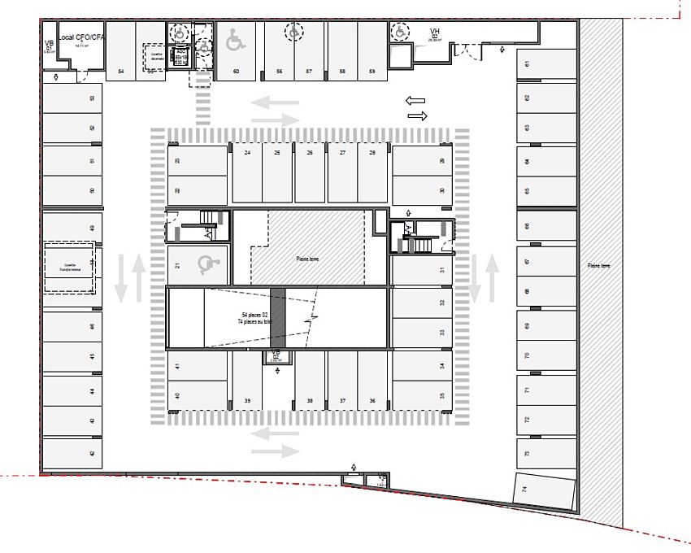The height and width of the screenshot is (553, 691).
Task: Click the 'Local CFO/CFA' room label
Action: pyautogui.click(x=82, y=37)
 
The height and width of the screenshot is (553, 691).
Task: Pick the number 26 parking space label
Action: pyautogui.click(x=309, y=153)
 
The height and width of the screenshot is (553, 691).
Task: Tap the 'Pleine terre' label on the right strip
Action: pyautogui.click(x=599, y=266)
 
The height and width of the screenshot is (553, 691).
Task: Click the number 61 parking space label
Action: pyautogui.click(x=528, y=63)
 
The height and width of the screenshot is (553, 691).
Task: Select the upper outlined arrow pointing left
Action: pyautogui.click(x=415, y=100)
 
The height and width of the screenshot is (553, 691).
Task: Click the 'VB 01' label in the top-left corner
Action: pyautogui.click(x=49, y=45)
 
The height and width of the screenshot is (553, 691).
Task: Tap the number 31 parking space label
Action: pyautogui.click(x=442, y=271)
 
